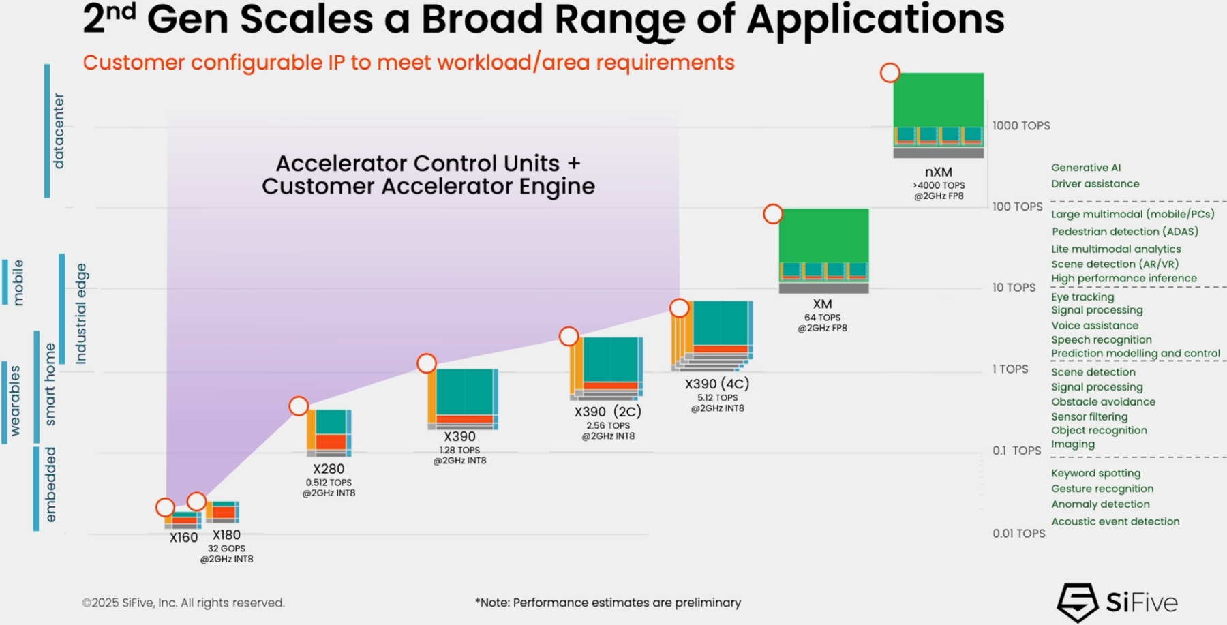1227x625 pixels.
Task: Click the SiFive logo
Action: pyautogui.click(x=1117, y=602)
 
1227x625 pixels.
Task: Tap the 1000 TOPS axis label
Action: pyautogui.click(x=1020, y=126)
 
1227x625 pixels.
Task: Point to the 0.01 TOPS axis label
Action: pyautogui.click(x=1018, y=534)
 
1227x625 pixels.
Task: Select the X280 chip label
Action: pyautogui.click(x=329, y=469)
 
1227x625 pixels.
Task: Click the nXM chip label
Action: pyautogui.click(x=939, y=172)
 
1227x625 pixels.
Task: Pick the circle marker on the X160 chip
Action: pyautogui.click(x=165, y=507)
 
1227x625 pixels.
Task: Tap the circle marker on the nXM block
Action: pyautogui.click(x=890, y=73)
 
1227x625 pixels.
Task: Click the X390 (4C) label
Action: pyautogui.click(x=717, y=384)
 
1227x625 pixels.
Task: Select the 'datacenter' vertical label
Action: pyautogui.click(x=59, y=131)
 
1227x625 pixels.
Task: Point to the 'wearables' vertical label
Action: pyautogui.click(x=15, y=401)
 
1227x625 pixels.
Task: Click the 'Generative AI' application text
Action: pyautogui.click(x=1086, y=168)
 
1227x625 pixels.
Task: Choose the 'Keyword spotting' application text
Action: pyautogui.click(x=1095, y=473)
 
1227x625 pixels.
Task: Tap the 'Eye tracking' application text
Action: pyautogui.click(x=1082, y=297)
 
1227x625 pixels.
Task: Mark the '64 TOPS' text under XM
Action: pyautogui.click(x=822, y=318)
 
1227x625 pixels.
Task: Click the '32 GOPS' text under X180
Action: pyautogui.click(x=226, y=549)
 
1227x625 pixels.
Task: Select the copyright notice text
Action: pyautogui.click(x=183, y=603)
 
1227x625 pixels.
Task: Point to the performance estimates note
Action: pyautogui.click(x=608, y=603)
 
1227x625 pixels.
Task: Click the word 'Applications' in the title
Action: pyautogui.click(x=875, y=19)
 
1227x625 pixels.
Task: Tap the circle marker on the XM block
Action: pyautogui.click(x=772, y=214)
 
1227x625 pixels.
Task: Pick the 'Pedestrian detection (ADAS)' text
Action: pyautogui.click(x=1125, y=232)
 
